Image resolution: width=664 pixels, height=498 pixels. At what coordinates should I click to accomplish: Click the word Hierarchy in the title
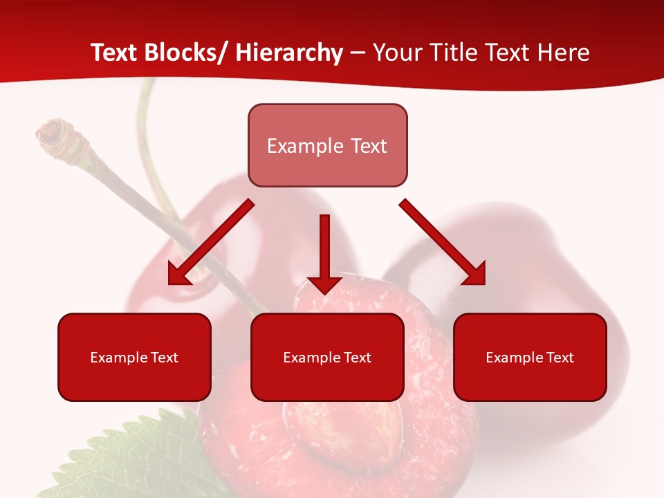coord(289,53)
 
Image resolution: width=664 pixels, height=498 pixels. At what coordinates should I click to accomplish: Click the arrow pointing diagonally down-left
coord(210,242)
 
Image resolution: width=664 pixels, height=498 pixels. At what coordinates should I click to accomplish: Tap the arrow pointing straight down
coord(324,253)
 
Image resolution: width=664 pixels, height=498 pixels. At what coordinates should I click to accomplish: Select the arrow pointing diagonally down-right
coord(443,242)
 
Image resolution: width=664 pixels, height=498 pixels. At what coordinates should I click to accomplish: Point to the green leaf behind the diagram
coord(131,456)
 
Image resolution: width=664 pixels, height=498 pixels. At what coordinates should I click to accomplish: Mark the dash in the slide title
coord(358,53)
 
